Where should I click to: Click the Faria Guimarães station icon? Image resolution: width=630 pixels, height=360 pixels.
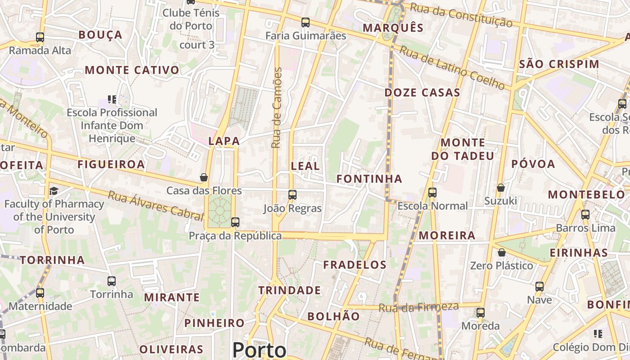(306, 22)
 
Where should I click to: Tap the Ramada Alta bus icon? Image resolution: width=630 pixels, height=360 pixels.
(40, 37)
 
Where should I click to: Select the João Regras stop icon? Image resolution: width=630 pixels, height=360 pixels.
(292, 195)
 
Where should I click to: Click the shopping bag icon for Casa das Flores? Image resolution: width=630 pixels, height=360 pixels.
(204, 177)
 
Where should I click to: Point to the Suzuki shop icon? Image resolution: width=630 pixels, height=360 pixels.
(500, 187)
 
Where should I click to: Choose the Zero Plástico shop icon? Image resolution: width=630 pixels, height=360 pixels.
(501, 252)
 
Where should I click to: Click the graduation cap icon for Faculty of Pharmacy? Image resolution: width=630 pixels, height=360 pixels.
(54, 191)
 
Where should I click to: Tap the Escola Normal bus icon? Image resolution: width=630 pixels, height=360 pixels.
(432, 193)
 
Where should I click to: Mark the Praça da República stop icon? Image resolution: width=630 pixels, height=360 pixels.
(235, 222)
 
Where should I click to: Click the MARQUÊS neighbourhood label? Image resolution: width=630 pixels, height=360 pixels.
(393, 28)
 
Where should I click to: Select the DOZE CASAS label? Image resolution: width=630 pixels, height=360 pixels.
(422, 93)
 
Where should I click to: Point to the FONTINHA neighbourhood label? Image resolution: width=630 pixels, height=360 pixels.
(369, 179)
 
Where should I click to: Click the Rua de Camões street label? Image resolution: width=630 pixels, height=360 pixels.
(277, 108)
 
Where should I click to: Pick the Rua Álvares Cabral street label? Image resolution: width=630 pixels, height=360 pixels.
(156, 206)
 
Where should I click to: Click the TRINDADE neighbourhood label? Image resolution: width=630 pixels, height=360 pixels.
(289, 291)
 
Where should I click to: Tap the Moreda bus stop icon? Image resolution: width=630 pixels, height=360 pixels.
(481, 313)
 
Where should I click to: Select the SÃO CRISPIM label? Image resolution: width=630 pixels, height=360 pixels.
(559, 64)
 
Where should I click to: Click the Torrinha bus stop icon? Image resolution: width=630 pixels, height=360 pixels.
(112, 281)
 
